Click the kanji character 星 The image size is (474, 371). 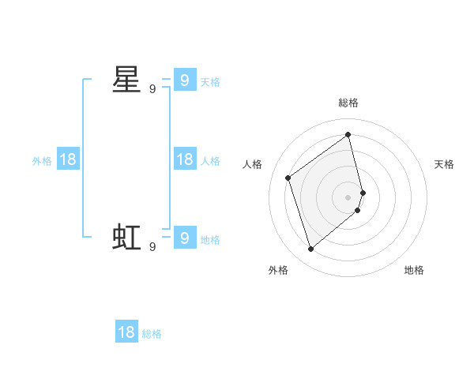tap(126, 80)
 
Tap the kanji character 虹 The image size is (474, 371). tap(126, 236)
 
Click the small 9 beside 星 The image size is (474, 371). tap(152, 89)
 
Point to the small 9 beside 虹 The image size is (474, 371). tap(152, 246)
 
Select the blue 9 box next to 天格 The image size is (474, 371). tap(184, 80)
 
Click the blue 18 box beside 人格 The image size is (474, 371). tap(184, 159)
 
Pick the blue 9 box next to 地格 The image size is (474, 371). tap(184, 237)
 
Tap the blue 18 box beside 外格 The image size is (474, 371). tap(68, 159)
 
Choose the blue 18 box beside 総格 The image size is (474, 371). tap(126, 332)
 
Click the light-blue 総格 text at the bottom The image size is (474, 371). tap(152, 334)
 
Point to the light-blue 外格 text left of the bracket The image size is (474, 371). tap(42, 161)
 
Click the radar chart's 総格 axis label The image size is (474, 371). tap(348, 103)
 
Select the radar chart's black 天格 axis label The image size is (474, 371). tap(445, 164)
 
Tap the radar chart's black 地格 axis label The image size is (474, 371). tap(415, 270)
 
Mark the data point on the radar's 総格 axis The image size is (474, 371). tap(348, 134)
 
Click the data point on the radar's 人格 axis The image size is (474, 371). tap(288, 178)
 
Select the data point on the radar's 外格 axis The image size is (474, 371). tap(311, 249)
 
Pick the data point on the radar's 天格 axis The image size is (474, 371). tap(363, 192)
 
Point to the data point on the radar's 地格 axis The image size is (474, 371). tap(358, 210)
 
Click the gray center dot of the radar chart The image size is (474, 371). tap(348, 197)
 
